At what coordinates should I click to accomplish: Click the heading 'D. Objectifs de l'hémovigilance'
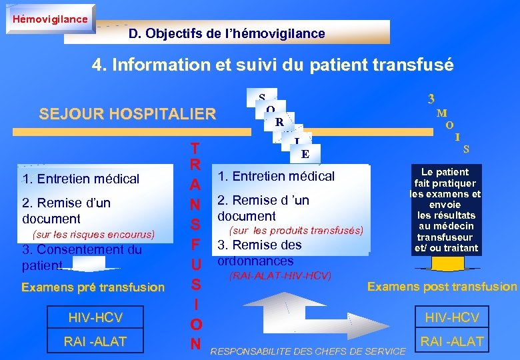point(227,33)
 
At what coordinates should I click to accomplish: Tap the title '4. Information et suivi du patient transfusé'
point(273,65)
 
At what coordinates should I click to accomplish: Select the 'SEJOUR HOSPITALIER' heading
point(127,113)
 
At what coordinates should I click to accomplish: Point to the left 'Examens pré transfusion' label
point(93,287)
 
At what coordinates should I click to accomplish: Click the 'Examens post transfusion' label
point(442,286)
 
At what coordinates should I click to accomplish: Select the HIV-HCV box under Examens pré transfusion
point(95,317)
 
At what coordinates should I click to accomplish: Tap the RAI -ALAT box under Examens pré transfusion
point(95,341)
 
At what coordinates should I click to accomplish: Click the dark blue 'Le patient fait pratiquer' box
point(446,210)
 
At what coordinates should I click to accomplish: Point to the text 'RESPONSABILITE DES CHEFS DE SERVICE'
point(307,351)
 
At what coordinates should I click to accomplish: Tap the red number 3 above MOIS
point(431,98)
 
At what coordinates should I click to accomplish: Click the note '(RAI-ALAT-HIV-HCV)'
point(280,275)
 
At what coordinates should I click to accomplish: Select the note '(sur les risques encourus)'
point(93,234)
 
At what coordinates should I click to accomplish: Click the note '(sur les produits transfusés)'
point(296,230)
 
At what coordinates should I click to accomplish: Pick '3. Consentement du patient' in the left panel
point(82,257)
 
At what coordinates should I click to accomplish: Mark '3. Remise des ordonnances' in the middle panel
point(259,252)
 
